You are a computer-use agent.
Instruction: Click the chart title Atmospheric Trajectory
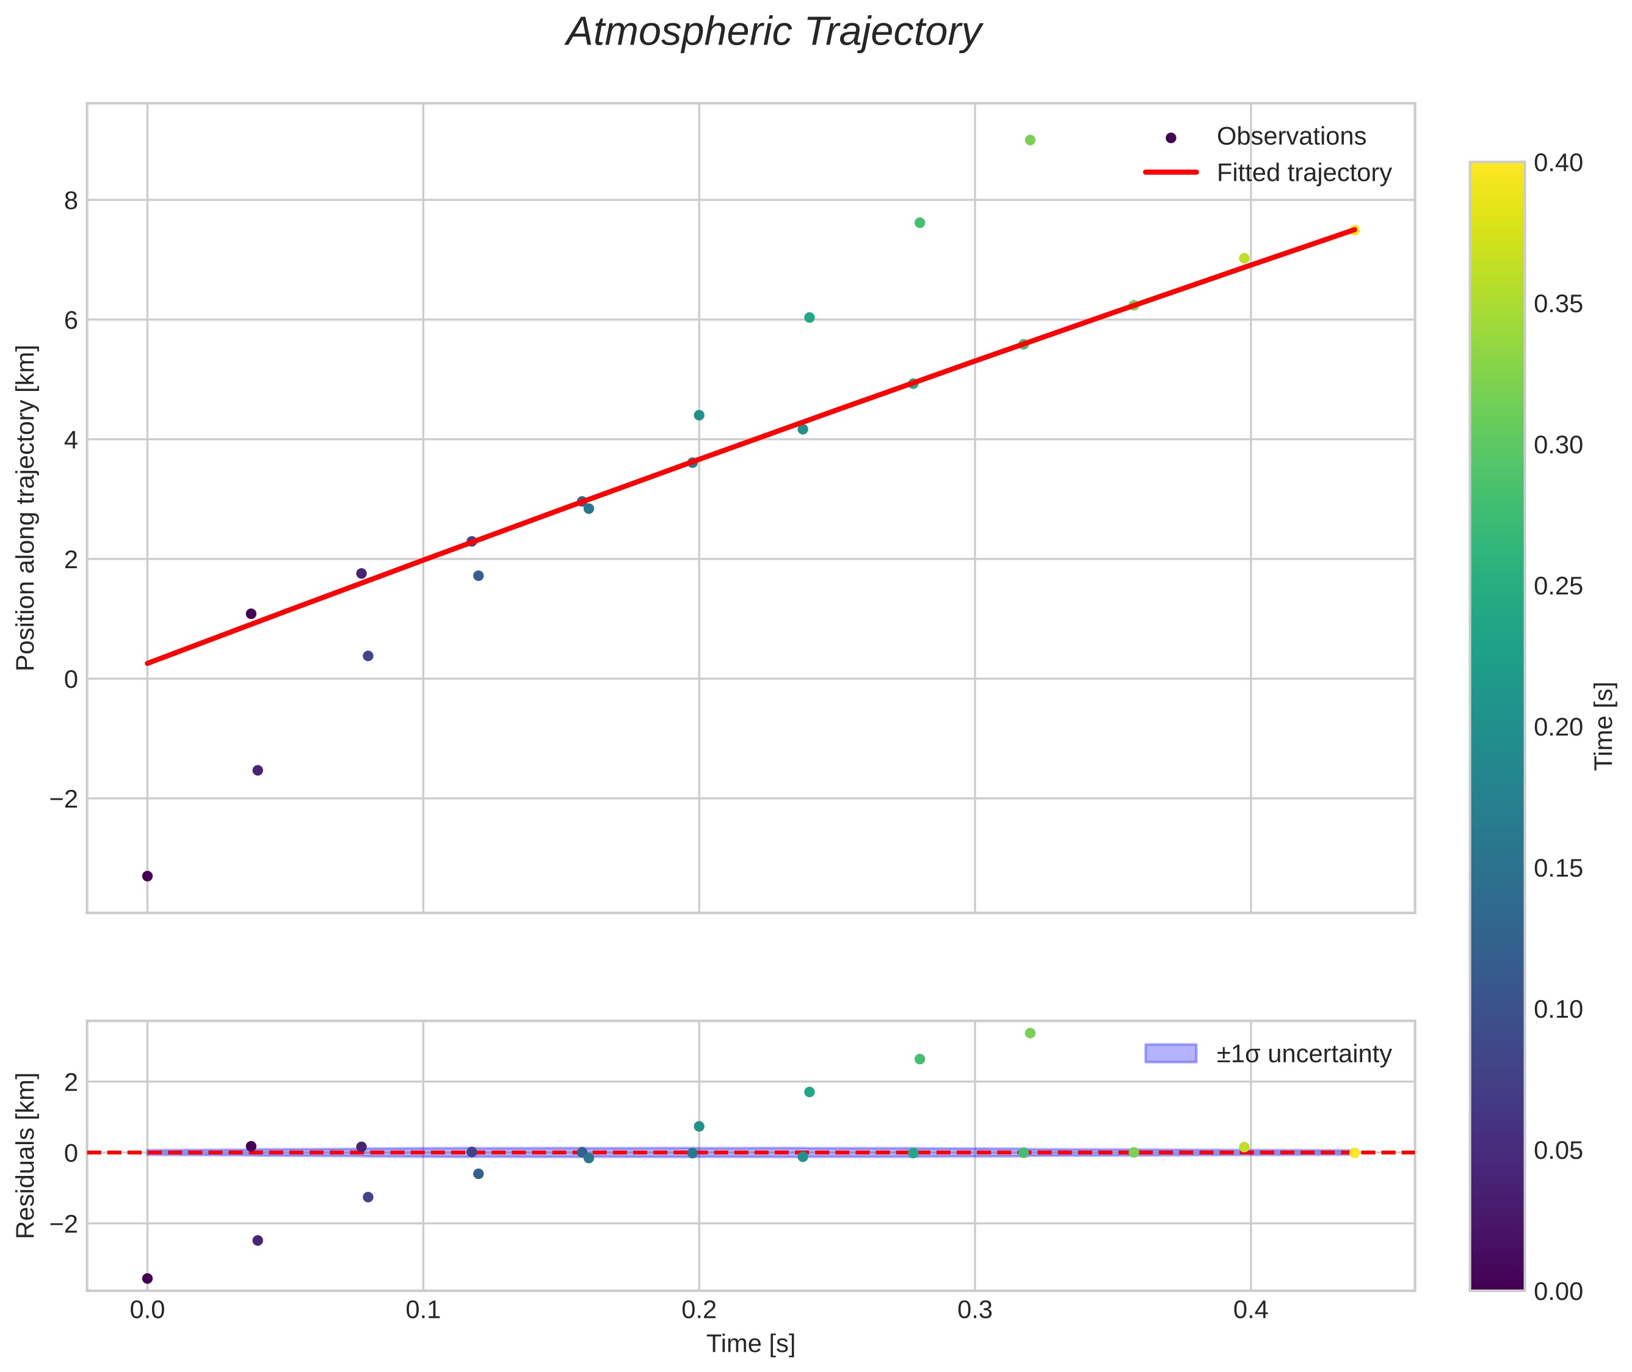[x=774, y=32]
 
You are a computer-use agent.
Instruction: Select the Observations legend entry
[x=1290, y=137]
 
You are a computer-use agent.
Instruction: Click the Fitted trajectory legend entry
[x=1303, y=173]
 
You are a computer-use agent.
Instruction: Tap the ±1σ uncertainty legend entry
[x=1303, y=1054]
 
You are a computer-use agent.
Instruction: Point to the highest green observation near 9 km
[x=1030, y=140]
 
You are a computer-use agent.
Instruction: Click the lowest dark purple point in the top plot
[x=148, y=876]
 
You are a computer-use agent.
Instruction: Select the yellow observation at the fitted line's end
[x=1354, y=230]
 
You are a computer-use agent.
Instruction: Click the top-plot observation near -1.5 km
[x=258, y=770]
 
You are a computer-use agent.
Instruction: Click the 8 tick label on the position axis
[x=71, y=200]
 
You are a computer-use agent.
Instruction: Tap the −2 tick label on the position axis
[x=65, y=799]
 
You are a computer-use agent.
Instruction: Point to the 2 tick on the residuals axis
[x=71, y=1082]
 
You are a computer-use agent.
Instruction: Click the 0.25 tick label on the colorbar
[x=1558, y=586]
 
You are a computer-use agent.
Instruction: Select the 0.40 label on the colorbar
[x=1558, y=162]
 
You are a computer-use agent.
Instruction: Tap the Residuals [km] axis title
[x=26, y=1155]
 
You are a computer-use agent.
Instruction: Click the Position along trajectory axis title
[x=26, y=507]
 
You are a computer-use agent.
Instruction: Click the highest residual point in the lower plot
[x=1030, y=1033]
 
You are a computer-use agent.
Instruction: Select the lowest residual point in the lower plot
[x=148, y=1278]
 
